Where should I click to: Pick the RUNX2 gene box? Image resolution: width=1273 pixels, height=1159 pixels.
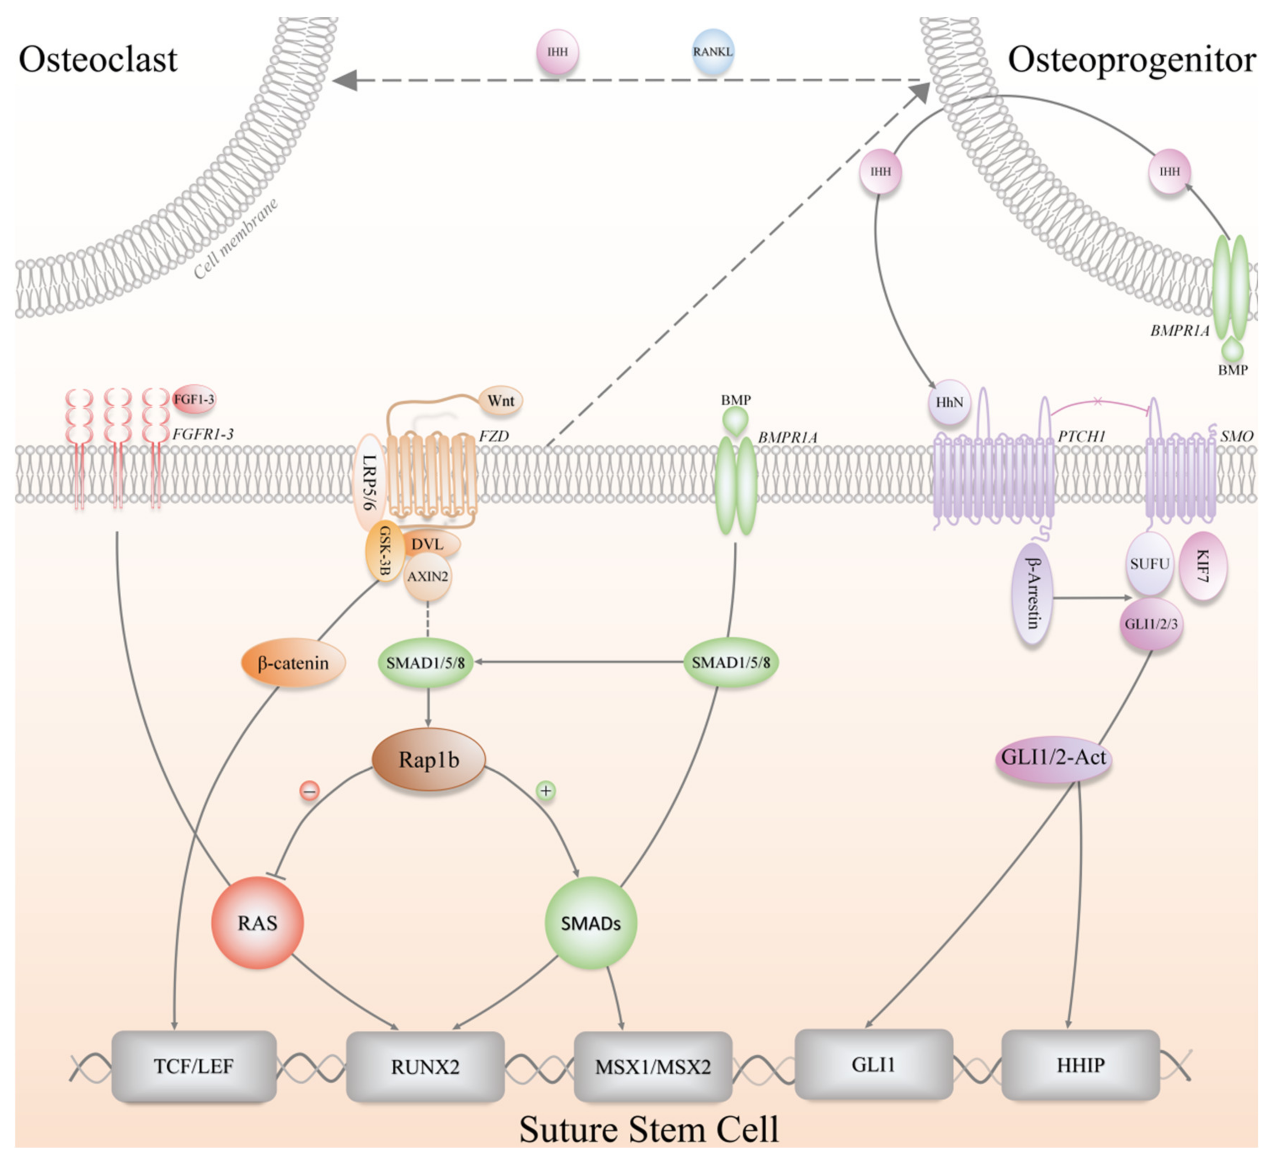[x=425, y=1067]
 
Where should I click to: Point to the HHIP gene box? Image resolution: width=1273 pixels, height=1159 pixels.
[x=1080, y=1065]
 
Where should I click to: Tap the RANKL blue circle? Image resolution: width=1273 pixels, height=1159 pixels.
[x=712, y=52]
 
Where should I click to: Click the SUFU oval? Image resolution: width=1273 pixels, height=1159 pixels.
[x=1149, y=564]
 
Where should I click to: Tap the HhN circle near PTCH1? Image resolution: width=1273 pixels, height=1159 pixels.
[x=949, y=402]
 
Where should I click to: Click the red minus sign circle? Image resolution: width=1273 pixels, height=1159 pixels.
[x=309, y=790]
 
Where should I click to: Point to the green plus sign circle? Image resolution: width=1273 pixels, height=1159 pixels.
[x=545, y=790]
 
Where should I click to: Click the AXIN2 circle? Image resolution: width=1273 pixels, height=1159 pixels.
[x=427, y=576]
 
